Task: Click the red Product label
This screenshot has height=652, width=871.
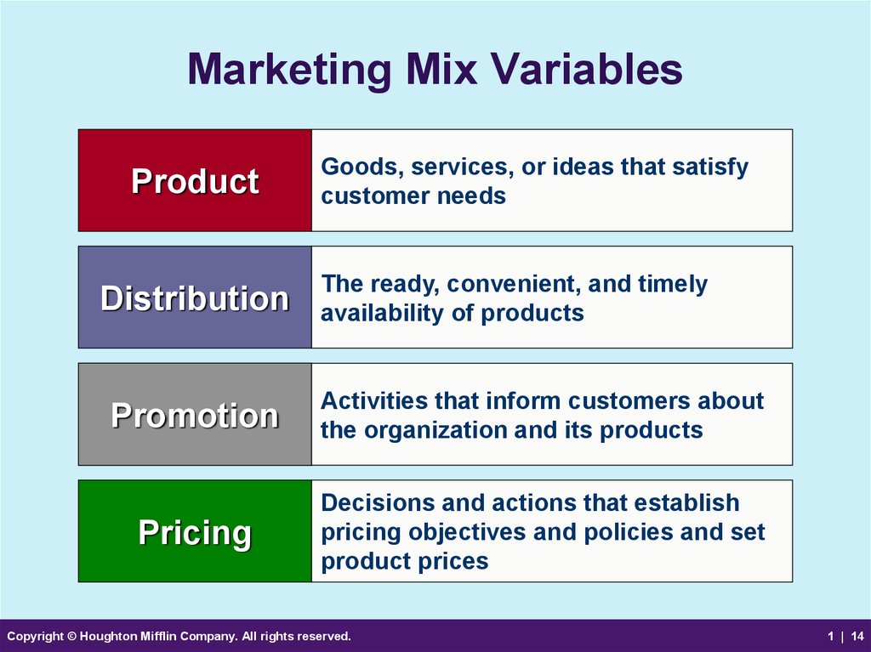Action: (x=195, y=180)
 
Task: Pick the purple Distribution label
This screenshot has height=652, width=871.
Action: (x=195, y=298)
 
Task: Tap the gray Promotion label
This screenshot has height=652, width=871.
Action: (x=195, y=414)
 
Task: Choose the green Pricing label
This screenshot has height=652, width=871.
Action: (x=195, y=531)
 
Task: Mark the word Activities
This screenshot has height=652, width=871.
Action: (x=374, y=401)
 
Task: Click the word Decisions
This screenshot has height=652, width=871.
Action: (x=378, y=502)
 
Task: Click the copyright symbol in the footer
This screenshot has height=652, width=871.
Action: (x=71, y=636)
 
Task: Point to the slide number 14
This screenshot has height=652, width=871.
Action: (x=857, y=636)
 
